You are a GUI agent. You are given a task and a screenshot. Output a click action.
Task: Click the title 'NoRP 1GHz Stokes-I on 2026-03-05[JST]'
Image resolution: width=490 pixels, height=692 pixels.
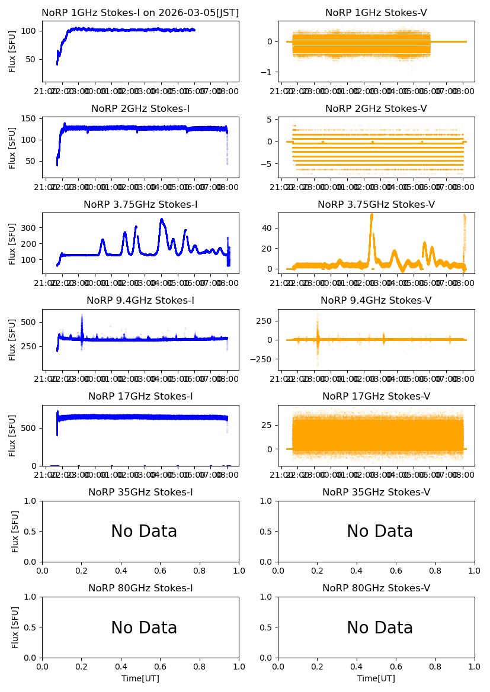coord(140,13)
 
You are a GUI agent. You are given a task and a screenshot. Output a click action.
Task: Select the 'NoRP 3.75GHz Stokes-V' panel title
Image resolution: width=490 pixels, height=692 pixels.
coord(376,205)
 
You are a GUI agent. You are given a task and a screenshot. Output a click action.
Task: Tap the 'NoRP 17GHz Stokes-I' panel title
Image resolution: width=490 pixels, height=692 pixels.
coord(140,397)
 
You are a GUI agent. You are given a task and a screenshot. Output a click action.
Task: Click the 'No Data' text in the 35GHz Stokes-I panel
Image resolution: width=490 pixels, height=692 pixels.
coord(144,532)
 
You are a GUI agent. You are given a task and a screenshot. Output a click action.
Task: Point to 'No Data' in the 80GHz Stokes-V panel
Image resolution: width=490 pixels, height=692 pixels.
coord(380,627)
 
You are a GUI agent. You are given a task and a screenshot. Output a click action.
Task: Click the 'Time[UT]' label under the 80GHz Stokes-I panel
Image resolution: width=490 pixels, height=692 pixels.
coord(140,678)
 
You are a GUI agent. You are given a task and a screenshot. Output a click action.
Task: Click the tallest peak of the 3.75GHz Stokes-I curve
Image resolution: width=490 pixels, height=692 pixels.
coord(161,220)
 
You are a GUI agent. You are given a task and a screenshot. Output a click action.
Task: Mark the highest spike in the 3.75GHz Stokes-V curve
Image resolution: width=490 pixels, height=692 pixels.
coord(371,214)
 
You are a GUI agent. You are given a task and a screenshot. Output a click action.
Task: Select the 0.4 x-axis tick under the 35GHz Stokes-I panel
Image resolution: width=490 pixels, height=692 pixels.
coord(121,571)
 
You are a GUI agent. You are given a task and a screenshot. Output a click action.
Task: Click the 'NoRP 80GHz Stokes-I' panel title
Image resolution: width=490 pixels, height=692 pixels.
coord(140,588)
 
